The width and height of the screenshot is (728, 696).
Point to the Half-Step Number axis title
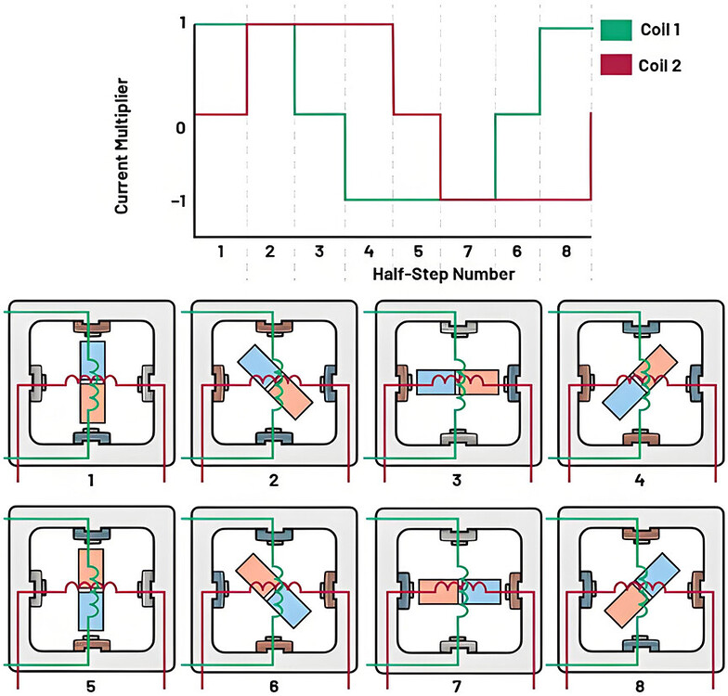444,274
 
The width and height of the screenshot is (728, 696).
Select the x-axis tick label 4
369,251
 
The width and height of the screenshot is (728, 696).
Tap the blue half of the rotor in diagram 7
481,591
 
